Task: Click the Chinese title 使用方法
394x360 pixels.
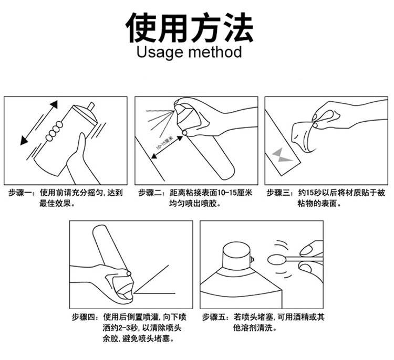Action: tap(190, 28)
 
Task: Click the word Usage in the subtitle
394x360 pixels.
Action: tap(160, 52)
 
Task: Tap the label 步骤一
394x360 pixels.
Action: tap(19, 193)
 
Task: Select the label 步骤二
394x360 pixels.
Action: tap(150, 193)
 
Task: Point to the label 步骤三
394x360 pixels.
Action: tap(278, 193)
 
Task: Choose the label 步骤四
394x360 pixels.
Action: tap(83, 317)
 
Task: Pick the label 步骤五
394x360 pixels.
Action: tap(214, 317)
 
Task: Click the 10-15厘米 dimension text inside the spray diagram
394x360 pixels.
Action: tap(165, 143)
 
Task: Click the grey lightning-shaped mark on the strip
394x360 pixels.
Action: tap(282, 155)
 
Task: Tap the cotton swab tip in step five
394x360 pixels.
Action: tap(276, 260)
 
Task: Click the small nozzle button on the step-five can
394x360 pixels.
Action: tap(252, 260)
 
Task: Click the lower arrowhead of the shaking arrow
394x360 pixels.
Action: tap(24, 141)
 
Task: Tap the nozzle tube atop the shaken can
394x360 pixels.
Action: tap(90, 107)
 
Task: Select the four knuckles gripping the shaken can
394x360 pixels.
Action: tap(54, 131)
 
